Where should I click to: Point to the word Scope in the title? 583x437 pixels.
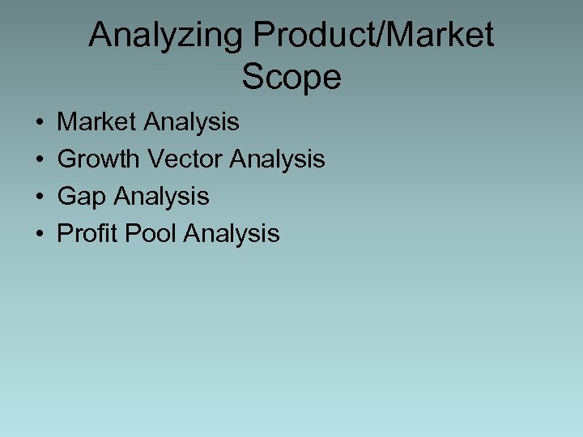pos(291,78)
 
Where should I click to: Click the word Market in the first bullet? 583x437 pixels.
pos(97,122)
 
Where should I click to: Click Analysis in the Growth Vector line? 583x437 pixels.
pos(278,159)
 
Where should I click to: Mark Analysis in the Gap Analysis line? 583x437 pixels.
pos(161,197)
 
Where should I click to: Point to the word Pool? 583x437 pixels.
pos(149,234)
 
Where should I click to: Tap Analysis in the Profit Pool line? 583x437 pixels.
pos(232,234)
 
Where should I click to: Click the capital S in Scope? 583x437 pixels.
pos(252,78)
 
